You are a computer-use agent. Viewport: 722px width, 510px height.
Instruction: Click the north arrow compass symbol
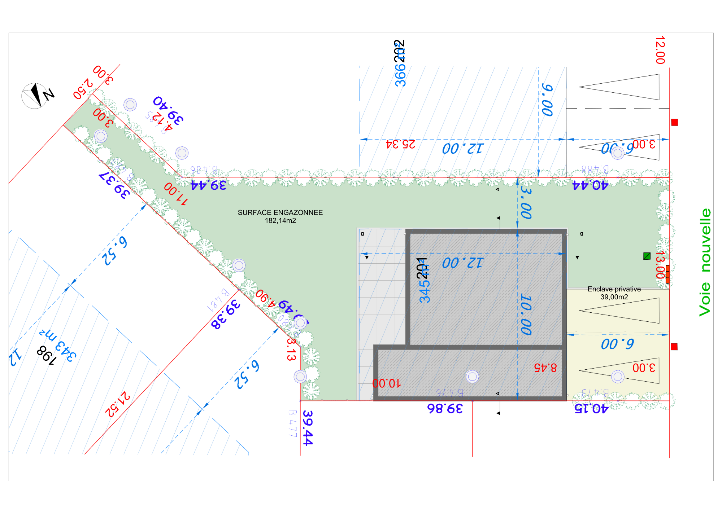[x=35, y=96]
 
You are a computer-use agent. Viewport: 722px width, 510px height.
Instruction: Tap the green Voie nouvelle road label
[x=705, y=262]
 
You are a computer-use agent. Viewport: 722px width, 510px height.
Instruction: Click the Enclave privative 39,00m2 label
[x=614, y=293]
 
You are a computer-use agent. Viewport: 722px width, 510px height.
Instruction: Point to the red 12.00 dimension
[x=660, y=50]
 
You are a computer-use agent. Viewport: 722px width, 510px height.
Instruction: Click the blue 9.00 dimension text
[x=547, y=100]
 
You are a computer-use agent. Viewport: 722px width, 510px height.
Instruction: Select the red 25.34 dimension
[x=400, y=144]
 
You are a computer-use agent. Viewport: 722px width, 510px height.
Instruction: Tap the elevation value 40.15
[x=591, y=408]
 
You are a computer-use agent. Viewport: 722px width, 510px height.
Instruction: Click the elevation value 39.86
[x=445, y=408]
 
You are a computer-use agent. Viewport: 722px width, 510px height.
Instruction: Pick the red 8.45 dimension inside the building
[x=545, y=368]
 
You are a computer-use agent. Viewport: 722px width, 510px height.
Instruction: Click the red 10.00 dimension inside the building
[x=386, y=383]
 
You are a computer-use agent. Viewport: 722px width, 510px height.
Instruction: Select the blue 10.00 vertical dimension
[x=526, y=315]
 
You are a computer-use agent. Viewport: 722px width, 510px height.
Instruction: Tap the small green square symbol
[x=647, y=256]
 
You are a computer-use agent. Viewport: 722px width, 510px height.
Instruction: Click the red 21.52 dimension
[x=117, y=404]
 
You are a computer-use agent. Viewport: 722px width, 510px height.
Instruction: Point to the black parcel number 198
[x=47, y=355]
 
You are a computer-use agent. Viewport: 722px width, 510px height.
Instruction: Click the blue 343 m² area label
[x=58, y=344]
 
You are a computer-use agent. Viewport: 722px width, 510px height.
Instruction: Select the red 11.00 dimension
[x=176, y=194]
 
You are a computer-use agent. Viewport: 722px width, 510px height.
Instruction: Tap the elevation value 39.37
[x=114, y=185]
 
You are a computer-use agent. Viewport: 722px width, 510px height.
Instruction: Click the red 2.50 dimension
[x=83, y=89]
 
